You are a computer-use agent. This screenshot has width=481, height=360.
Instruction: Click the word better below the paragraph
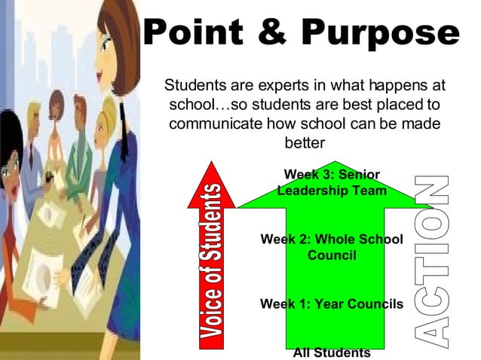[304, 142]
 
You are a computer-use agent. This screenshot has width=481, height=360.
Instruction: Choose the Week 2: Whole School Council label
[332, 247]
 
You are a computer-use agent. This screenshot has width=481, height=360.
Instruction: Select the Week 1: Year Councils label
[332, 304]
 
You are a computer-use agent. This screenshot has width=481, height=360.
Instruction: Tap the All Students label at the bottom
[332, 352]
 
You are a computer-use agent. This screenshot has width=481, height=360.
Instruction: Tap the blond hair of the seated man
[32, 111]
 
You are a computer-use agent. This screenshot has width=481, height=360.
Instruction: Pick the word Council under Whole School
[332, 255]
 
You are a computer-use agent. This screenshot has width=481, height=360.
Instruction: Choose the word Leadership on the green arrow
[311, 191]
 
